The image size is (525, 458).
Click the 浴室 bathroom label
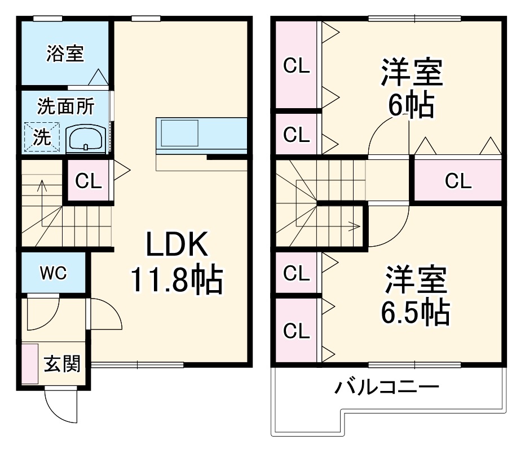tap(65, 54)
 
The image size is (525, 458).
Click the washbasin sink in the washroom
tap(85, 139)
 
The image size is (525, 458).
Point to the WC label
tap(53, 273)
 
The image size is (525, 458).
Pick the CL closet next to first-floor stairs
tap(89, 181)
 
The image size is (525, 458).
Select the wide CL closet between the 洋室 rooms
tap(457, 181)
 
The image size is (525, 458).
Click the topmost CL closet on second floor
tap(296, 66)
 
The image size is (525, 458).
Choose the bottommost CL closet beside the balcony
tap(296, 331)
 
